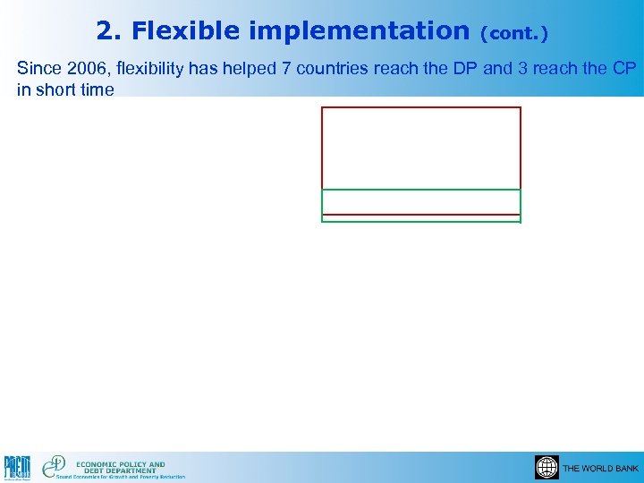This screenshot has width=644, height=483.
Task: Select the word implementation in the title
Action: [360, 31]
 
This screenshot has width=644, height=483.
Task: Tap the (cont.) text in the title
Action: [513, 33]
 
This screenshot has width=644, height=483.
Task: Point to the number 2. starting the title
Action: [109, 31]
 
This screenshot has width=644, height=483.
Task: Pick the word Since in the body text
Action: [37, 69]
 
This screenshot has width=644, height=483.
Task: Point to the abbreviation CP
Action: [624, 69]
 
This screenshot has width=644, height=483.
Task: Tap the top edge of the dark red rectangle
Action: [420, 107]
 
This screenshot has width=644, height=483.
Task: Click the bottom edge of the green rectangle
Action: [420, 221]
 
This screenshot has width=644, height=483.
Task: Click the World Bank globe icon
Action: [547, 468]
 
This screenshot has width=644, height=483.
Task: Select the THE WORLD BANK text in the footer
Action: [600, 469]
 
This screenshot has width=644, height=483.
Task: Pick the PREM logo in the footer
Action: [18, 468]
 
